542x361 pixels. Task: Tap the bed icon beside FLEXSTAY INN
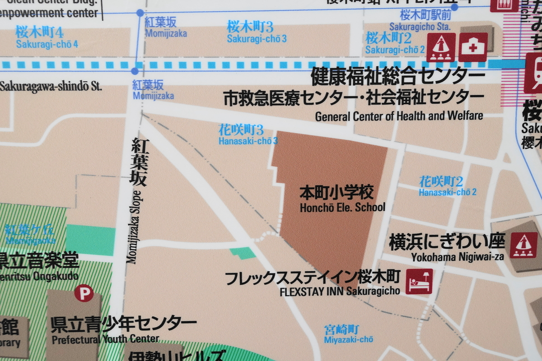419,282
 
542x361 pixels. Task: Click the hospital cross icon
473,47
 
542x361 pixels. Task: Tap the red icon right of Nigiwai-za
523,245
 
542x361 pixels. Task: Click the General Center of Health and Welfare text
399,116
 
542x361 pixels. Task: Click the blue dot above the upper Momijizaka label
140,13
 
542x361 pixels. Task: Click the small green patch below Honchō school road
243,253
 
